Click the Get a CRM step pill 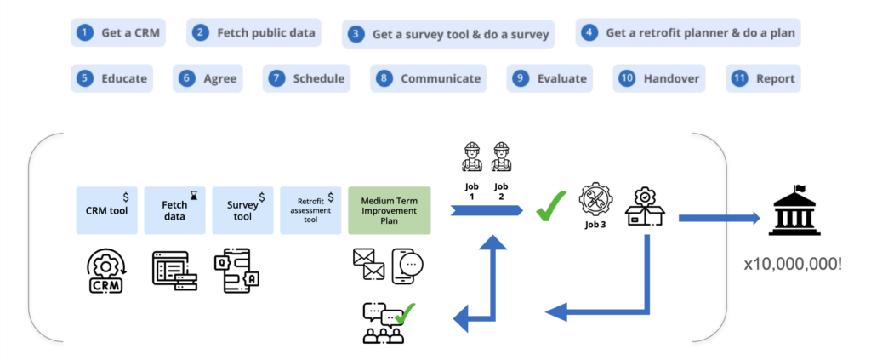[x=117, y=33]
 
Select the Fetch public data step [x=254, y=33]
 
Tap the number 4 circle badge [x=589, y=33]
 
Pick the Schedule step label [x=318, y=78]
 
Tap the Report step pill [x=763, y=78]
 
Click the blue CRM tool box [x=107, y=210]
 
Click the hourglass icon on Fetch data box [x=194, y=195]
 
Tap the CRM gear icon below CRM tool [x=107, y=271]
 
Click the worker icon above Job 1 [x=471, y=157]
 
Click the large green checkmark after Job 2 [x=552, y=207]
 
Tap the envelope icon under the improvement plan [x=368, y=264]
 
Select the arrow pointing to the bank [x=718, y=219]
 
